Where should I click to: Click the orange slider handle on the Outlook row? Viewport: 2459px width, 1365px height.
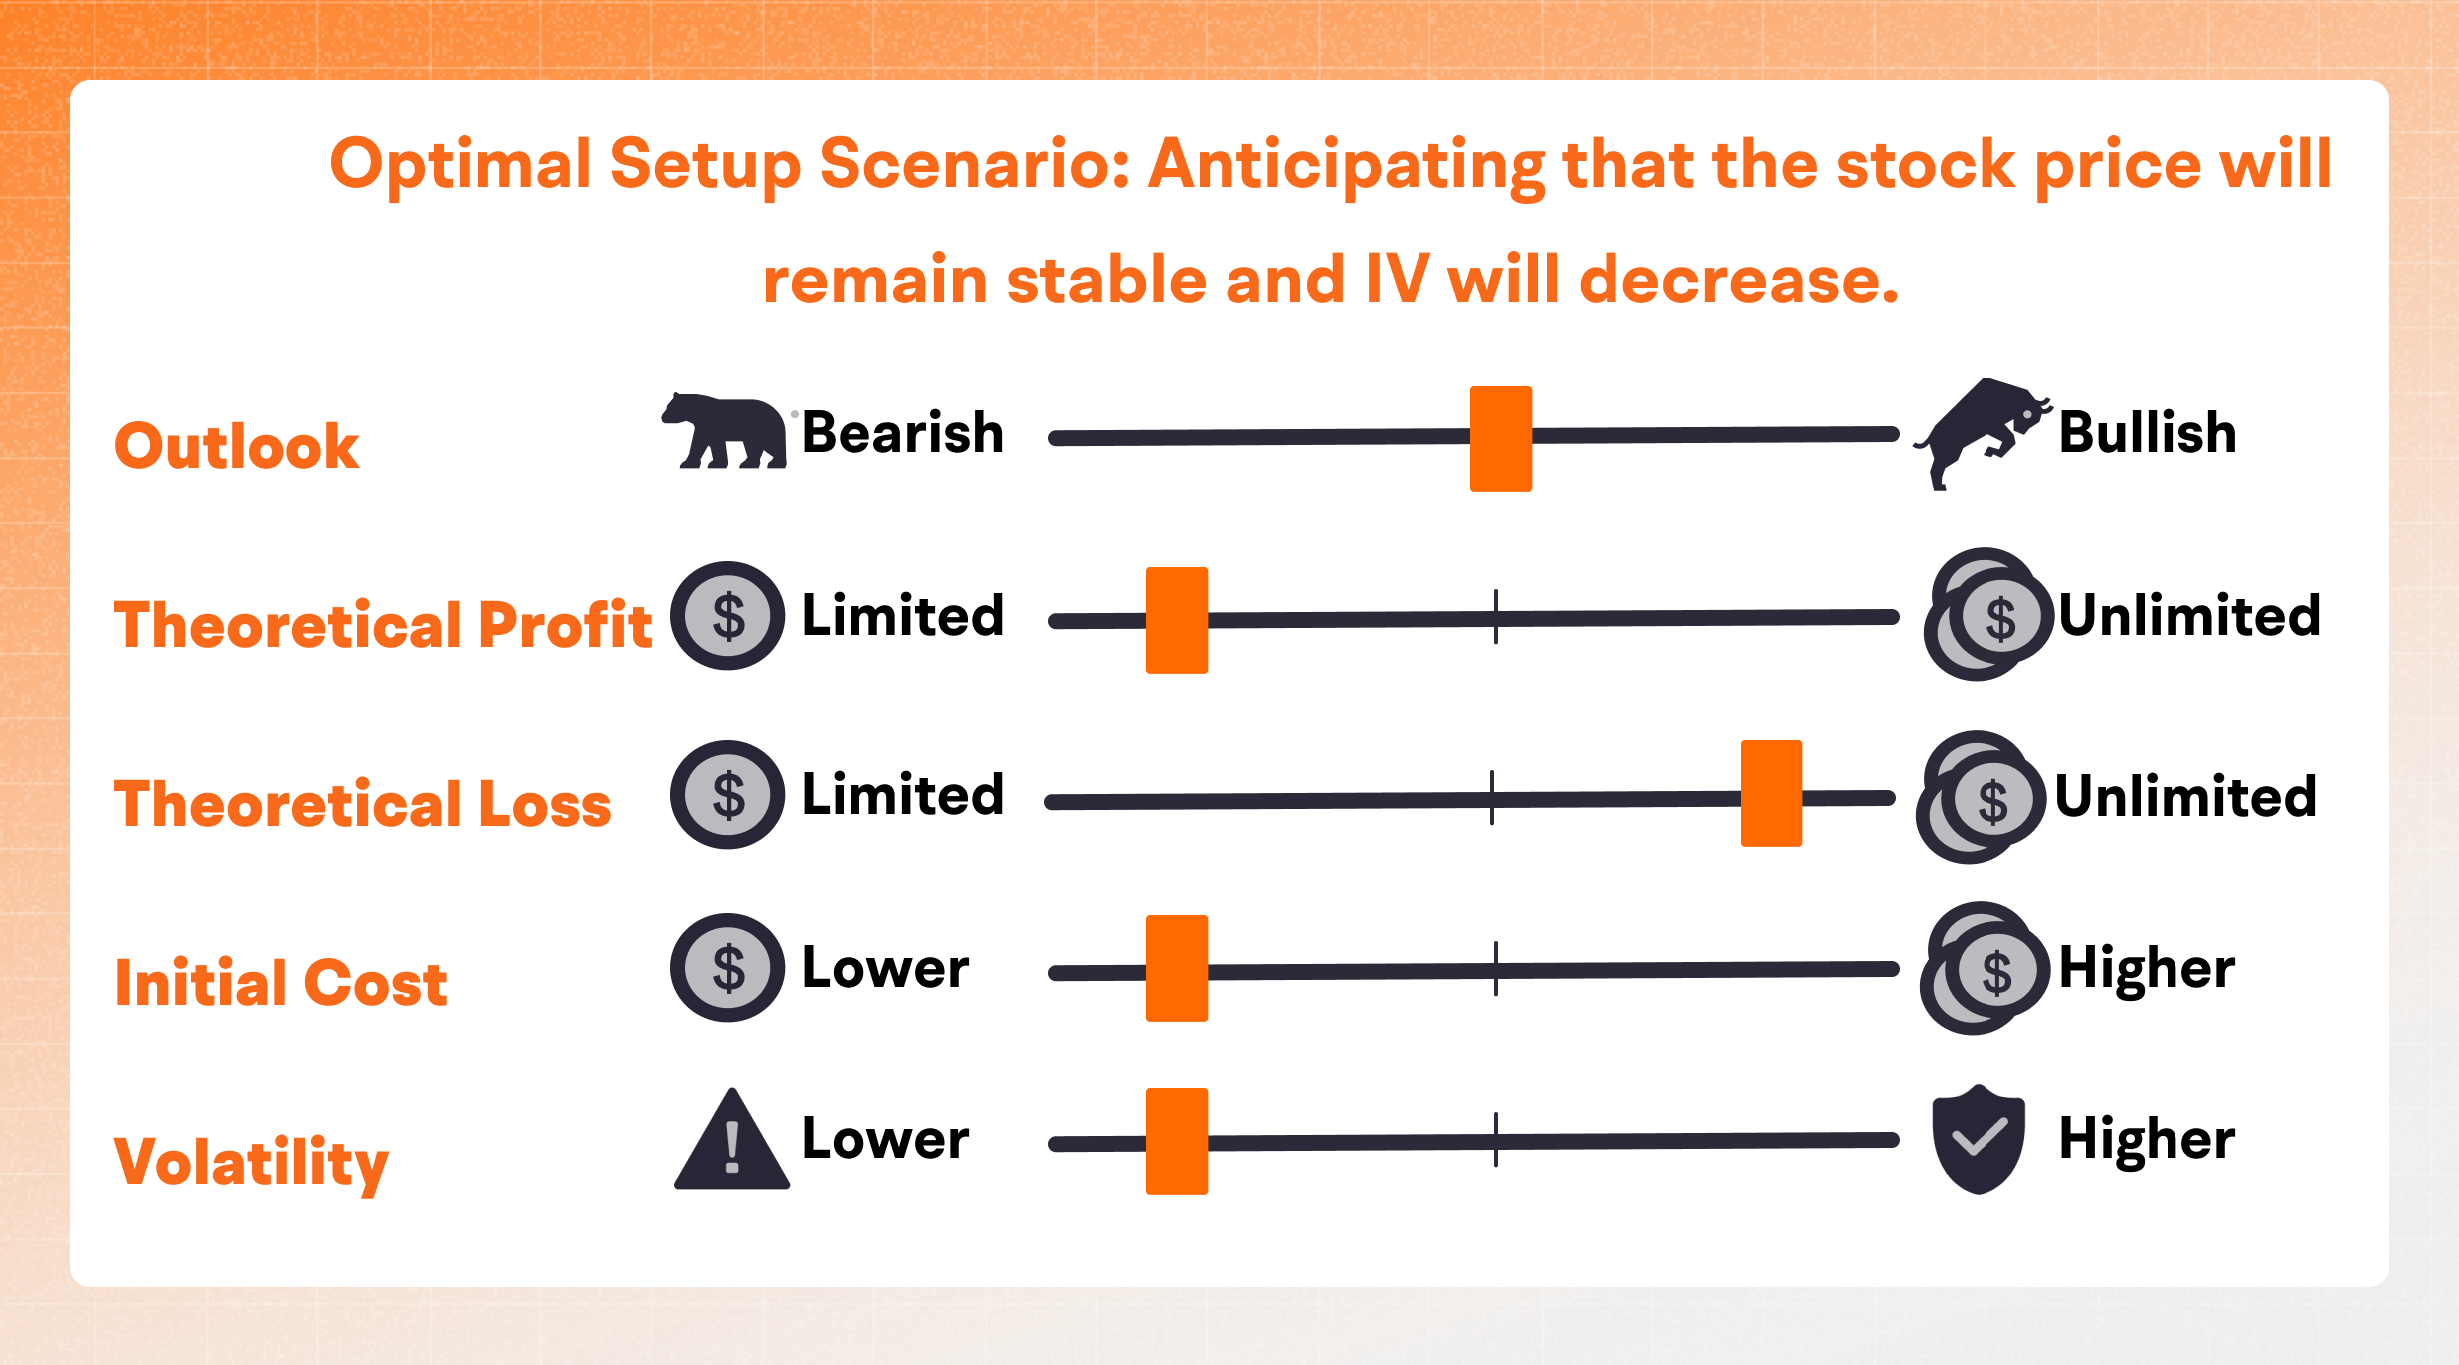[x=1501, y=439]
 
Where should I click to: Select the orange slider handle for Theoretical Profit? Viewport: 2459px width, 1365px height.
[x=1177, y=620]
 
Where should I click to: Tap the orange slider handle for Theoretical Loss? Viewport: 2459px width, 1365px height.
[x=1772, y=793]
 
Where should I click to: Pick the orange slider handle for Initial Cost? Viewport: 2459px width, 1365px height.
[x=1177, y=968]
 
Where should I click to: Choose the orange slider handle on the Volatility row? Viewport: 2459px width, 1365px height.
[x=1177, y=1141]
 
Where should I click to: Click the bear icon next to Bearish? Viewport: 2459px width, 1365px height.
[x=724, y=430]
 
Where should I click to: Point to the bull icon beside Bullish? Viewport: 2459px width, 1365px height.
[x=1982, y=434]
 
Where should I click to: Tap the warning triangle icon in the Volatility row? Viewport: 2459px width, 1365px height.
[x=732, y=1139]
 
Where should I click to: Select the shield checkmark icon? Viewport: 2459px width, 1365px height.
[x=1979, y=1139]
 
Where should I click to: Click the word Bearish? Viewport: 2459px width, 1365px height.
[x=902, y=433]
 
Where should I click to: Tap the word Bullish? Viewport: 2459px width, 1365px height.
[x=2148, y=433]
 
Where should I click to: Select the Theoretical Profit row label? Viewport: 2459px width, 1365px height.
[x=383, y=624]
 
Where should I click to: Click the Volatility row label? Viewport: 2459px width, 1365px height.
[x=252, y=1162]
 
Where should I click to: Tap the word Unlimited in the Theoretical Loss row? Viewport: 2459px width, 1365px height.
[x=2185, y=796]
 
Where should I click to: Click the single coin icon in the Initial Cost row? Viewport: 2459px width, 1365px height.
[x=728, y=967]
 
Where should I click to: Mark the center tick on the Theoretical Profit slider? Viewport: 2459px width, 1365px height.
[x=1496, y=616]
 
